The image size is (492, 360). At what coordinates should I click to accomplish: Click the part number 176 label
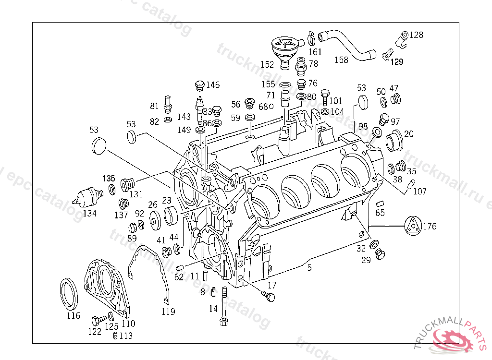[x=430, y=226]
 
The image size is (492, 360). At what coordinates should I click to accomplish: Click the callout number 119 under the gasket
[x=168, y=312]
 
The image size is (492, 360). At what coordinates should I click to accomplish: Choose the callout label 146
[x=213, y=85]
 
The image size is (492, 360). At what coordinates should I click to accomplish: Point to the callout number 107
[x=419, y=192]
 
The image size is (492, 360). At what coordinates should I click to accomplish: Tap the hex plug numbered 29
[x=381, y=254]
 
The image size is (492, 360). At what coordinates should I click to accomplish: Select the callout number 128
[x=417, y=35]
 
